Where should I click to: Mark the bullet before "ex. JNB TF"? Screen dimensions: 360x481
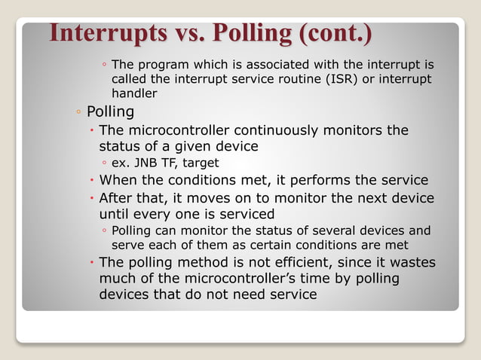coord(103,163)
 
